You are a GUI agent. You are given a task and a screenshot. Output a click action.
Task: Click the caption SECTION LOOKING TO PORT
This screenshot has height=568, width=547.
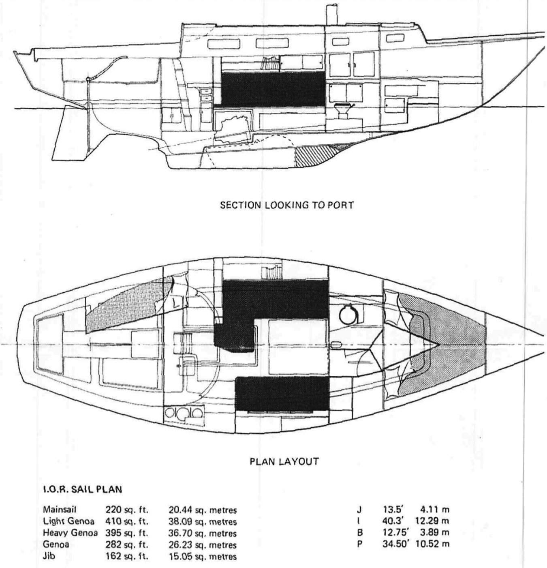pos(287,205)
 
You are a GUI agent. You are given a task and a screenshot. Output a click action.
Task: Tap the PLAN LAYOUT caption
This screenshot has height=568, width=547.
pos(284,462)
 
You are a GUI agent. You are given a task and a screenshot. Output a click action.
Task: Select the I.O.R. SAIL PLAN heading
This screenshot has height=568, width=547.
pos(82,489)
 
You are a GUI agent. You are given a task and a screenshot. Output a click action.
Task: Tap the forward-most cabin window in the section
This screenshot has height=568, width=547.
pos(395,38)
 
